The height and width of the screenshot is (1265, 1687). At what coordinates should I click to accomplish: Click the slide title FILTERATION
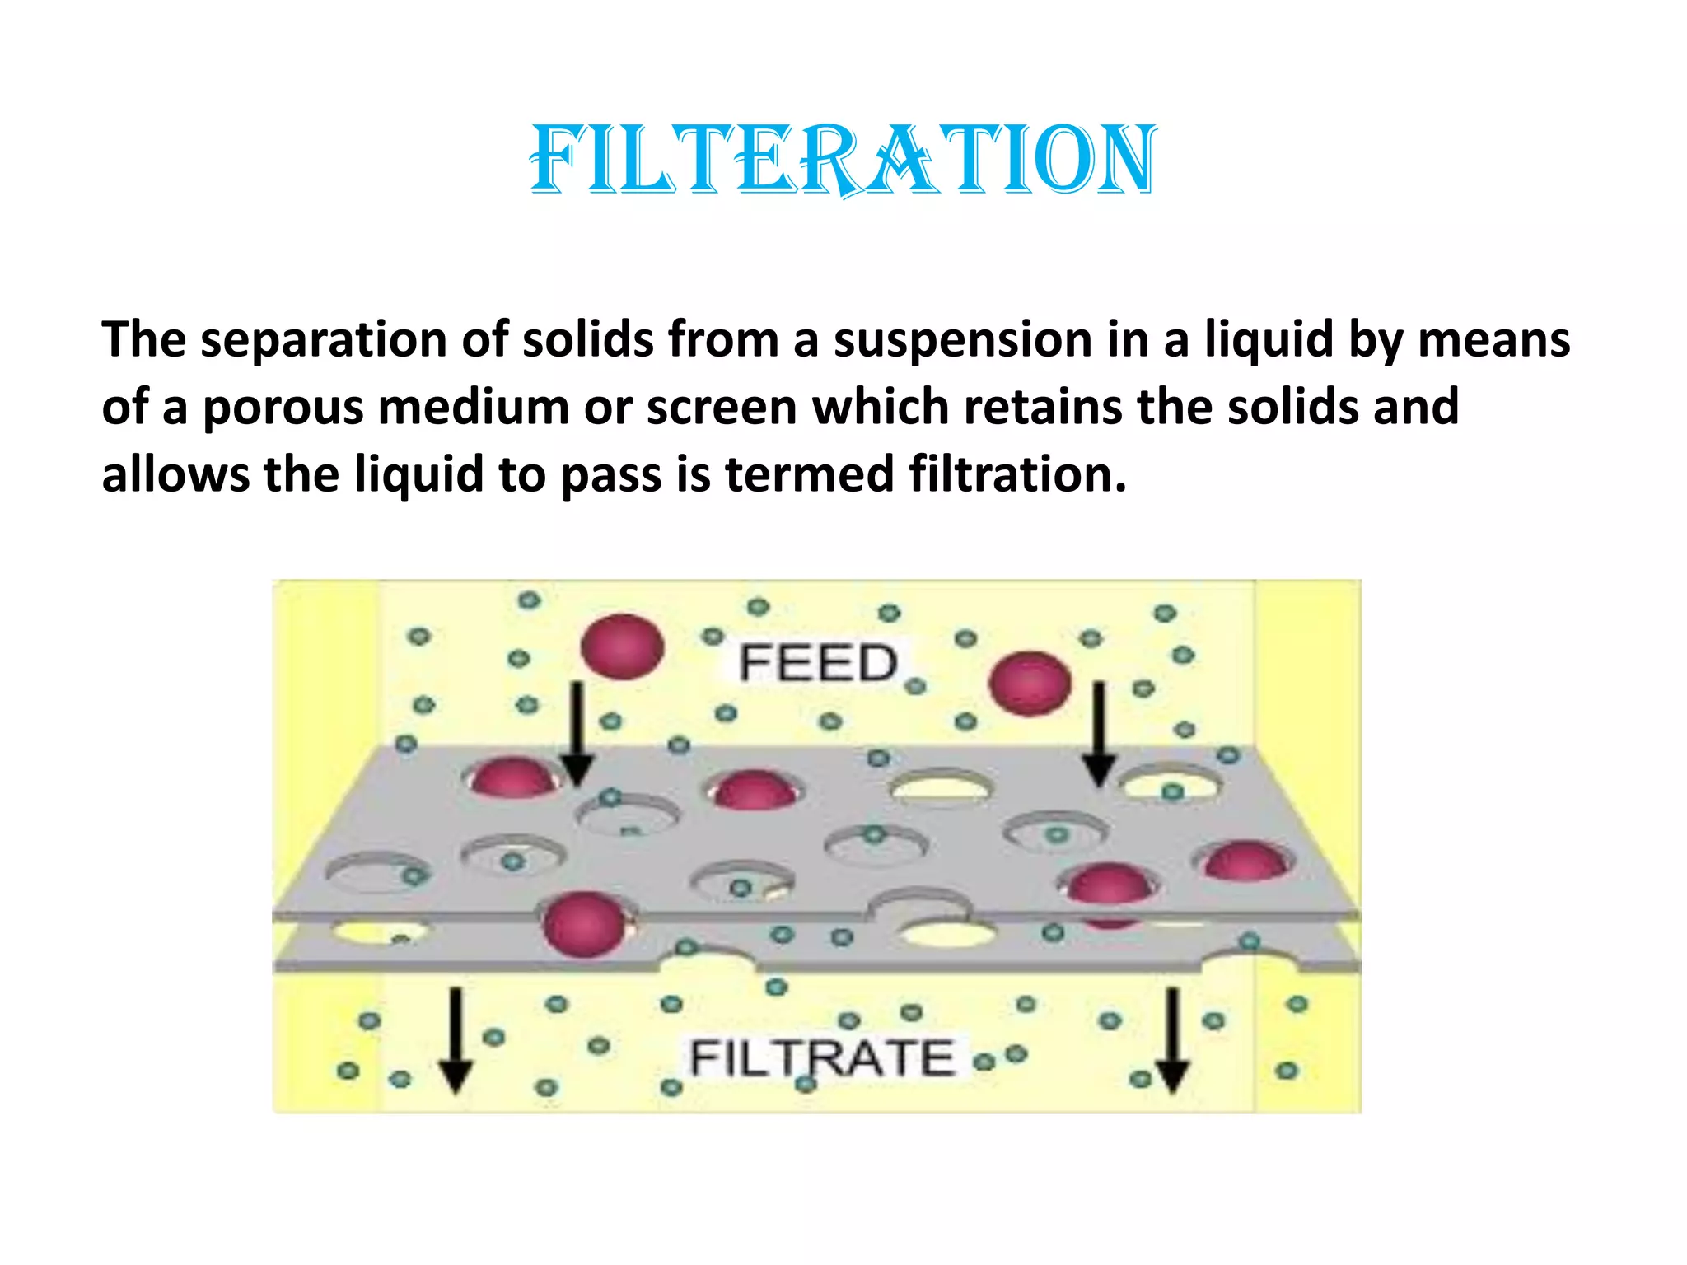point(843,160)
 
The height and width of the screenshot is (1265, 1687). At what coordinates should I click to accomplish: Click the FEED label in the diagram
point(817,663)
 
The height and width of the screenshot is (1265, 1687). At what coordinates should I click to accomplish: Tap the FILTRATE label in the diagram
point(821,1057)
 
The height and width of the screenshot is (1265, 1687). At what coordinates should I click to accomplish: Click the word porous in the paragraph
point(283,408)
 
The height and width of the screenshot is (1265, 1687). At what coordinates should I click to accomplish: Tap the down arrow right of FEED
point(1099,733)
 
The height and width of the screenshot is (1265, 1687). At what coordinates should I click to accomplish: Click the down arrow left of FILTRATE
point(456,1041)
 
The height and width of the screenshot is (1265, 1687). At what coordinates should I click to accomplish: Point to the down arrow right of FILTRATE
point(1172,1041)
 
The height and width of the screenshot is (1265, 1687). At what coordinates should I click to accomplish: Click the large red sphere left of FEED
point(622,647)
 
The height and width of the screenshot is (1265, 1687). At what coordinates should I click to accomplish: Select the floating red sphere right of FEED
point(1030,683)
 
